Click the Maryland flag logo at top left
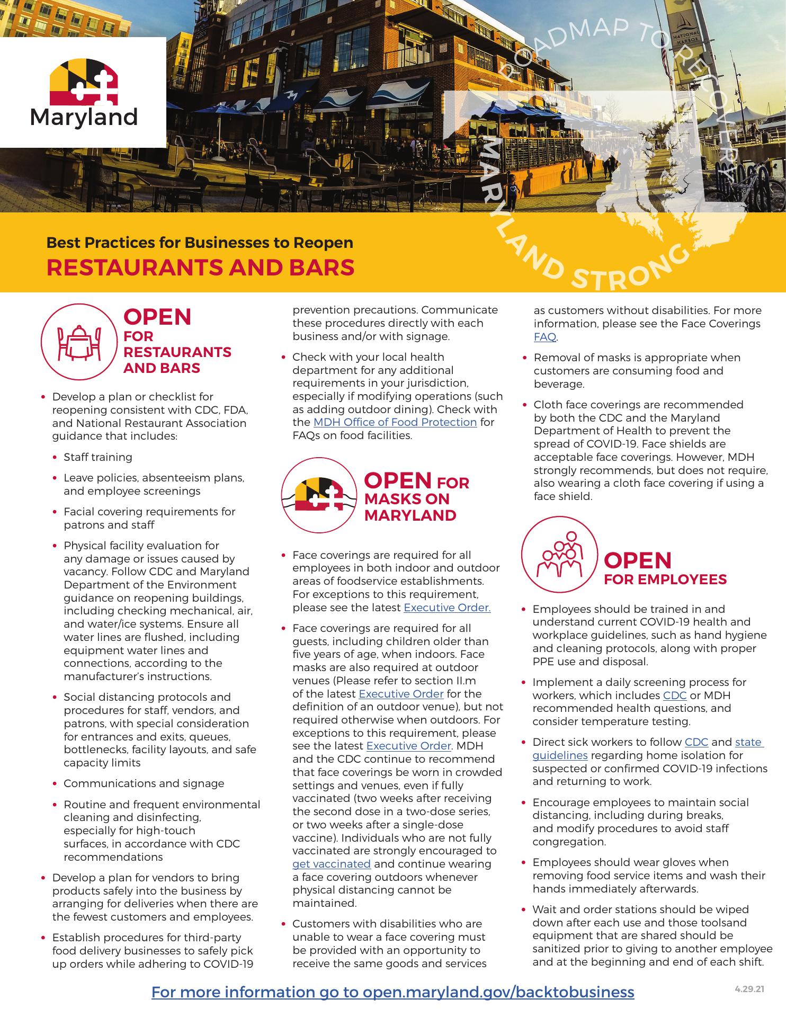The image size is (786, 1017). (83, 82)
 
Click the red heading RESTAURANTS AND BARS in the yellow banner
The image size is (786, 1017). (200, 267)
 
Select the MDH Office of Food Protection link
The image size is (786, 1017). (395, 422)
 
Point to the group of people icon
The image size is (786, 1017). (560, 555)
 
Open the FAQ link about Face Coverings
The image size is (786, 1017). (545, 337)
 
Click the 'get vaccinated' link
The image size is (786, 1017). (332, 864)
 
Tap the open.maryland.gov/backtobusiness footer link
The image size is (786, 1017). (392, 992)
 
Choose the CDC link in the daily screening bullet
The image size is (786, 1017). (675, 695)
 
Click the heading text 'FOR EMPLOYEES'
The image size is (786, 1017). (665, 579)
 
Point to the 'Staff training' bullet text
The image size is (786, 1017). (98, 457)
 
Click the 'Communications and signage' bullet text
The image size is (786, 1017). (144, 783)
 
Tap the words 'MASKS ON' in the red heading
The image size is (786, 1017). (407, 499)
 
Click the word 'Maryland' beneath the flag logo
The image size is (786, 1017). (84, 117)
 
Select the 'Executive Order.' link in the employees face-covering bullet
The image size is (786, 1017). (447, 608)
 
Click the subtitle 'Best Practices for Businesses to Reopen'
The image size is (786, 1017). (200, 243)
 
